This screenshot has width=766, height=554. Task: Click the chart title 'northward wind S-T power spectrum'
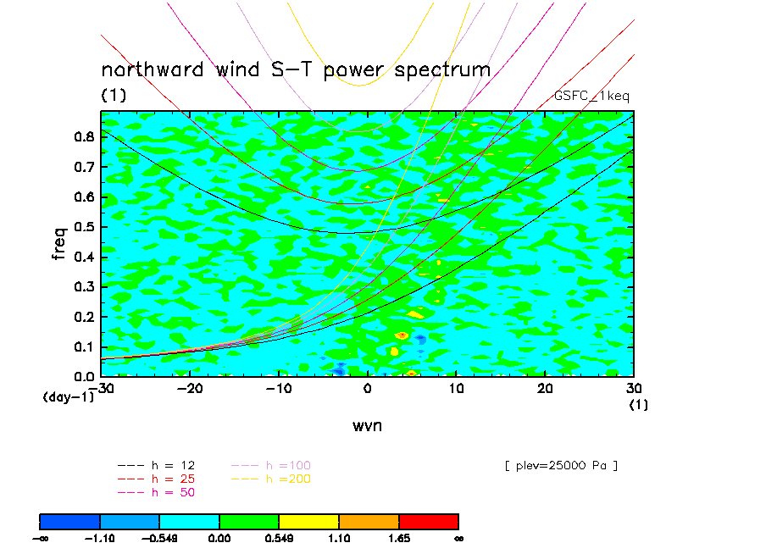(x=296, y=69)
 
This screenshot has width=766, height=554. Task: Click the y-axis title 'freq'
(x=59, y=243)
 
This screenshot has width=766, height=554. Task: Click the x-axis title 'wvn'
(x=367, y=425)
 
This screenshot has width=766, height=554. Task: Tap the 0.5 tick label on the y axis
(x=83, y=227)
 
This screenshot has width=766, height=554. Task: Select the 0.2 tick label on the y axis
(x=83, y=317)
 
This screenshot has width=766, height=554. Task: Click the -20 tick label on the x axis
(x=190, y=388)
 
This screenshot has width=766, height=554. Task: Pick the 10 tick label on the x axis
(x=457, y=388)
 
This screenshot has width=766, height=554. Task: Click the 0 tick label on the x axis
(x=368, y=388)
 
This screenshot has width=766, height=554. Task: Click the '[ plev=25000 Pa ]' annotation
(x=560, y=466)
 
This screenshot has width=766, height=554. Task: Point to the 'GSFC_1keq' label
(x=591, y=97)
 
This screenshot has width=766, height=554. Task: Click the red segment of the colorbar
(x=428, y=521)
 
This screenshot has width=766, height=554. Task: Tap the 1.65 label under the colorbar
(x=398, y=537)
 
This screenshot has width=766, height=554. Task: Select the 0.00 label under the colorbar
(x=219, y=537)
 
